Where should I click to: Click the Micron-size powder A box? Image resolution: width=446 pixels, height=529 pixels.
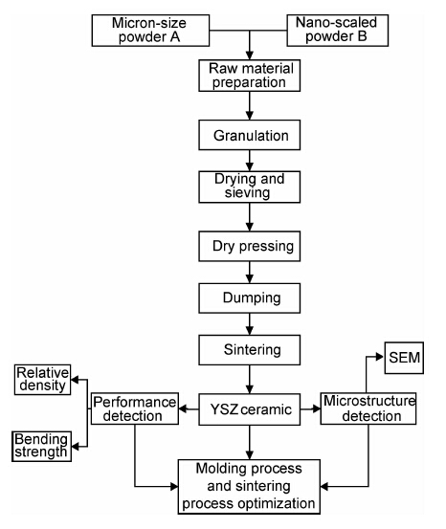pos(150,31)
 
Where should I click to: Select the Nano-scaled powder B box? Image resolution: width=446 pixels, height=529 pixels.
pos(338,31)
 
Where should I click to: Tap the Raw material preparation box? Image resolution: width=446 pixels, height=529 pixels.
pos(250,76)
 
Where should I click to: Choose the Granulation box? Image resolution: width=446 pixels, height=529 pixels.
pos(250,135)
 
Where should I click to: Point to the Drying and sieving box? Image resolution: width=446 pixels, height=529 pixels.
pos(250,187)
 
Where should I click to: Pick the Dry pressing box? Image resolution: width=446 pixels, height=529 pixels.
pos(250,246)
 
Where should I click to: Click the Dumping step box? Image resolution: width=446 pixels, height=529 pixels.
pos(250,298)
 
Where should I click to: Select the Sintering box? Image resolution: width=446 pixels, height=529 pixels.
pos(250,350)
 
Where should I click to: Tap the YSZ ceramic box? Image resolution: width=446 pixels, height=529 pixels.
pos(250,409)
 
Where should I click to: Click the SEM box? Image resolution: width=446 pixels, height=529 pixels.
pos(404,358)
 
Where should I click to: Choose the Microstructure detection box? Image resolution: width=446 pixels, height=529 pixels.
pos(368,408)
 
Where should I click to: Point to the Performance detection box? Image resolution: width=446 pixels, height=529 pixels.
pos(135,408)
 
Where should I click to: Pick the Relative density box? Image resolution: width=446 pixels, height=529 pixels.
pos(42,380)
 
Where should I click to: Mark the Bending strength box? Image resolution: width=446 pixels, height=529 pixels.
pos(41,447)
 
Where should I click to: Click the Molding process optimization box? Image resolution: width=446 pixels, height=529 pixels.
pos(249,487)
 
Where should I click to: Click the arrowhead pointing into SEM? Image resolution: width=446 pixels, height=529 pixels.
pos(381,357)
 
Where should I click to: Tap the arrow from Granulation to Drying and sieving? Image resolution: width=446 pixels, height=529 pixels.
pos(250,161)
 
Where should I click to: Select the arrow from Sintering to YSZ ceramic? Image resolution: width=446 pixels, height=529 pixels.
pos(250,379)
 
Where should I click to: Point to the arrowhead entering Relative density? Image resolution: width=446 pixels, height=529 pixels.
pos(76,380)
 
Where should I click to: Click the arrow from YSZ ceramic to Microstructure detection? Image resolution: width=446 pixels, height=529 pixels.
pos(311,409)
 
